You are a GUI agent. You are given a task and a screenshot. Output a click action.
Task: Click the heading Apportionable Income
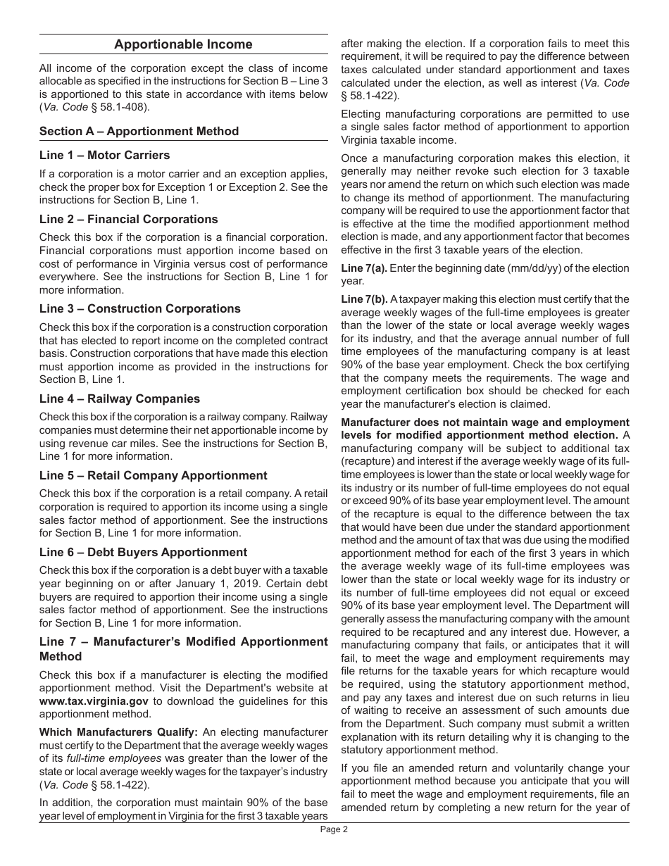pos(183,44)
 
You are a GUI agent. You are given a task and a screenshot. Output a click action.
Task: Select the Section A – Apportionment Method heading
pos(139,131)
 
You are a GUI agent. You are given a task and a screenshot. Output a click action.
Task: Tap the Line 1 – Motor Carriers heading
pos(104,155)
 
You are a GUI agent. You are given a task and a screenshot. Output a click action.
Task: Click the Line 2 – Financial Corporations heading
pos(128,219)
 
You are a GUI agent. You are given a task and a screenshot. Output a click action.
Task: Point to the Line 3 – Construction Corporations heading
pos(139,308)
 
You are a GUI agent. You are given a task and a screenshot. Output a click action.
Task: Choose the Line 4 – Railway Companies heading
pos(119,399)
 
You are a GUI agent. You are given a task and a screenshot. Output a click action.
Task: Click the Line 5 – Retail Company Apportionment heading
pos(153,475)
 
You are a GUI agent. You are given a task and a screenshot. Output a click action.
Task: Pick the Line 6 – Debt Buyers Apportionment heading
pos(143,552)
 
